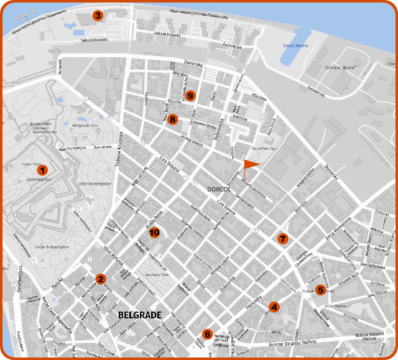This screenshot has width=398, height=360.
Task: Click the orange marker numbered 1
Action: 42,170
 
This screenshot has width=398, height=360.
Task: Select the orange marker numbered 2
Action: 100,279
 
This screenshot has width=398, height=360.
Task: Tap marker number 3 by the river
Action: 97,15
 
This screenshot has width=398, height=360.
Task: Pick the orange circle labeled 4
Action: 274,306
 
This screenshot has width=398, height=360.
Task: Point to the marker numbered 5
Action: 320,290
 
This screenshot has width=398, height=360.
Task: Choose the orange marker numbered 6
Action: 207,335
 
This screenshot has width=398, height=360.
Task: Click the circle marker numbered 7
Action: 283,239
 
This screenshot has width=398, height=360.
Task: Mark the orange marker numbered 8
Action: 172,119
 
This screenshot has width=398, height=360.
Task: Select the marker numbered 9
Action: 190,96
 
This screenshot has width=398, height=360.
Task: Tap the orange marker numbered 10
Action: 155,233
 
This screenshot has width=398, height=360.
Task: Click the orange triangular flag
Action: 250,164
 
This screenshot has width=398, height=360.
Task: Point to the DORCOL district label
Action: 219,188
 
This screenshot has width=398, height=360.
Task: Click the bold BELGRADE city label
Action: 139,315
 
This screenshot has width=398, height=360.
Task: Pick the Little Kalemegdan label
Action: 95,184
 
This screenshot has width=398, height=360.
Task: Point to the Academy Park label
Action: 149,274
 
